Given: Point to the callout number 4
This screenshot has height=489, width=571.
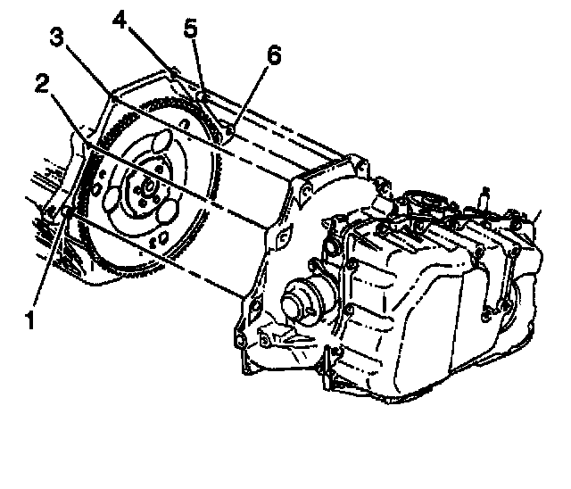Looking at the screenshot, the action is pos(119,18).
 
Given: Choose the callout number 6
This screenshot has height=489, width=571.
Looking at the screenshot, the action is pos(272,56).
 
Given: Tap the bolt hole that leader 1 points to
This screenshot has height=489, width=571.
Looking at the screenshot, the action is pos(67,210).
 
